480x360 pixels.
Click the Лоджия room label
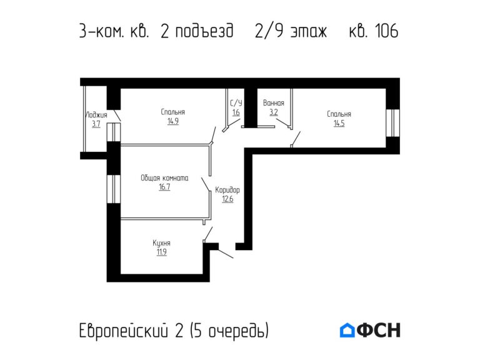(x=96, y=115)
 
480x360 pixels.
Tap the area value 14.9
(x=172, y=122)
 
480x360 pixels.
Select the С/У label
(x=236, y=103)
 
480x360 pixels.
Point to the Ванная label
(x=274, y=103)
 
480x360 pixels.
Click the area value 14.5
(x=339, y=124)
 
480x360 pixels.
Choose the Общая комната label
(x=164, y=177)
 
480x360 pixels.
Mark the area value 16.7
(x=164, y=187)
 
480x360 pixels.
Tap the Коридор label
(x=227, y=190)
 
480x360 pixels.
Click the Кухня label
(x=161, y=243)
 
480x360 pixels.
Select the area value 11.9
(x=161, y=252)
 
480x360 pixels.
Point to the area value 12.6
(x=227, y=200)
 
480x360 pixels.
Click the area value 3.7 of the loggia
(x=96, y=124)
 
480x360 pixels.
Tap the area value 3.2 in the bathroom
(x=274, y=112)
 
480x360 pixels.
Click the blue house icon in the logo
(x=347, y=330)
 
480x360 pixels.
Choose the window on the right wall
(x=392, y=122)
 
